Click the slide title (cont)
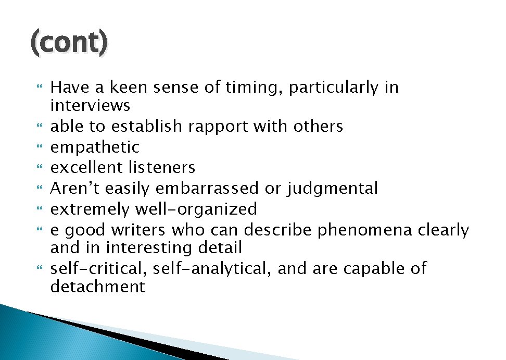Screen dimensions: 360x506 click(x=69, y=43)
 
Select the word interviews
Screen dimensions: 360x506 click(x=90, y=106)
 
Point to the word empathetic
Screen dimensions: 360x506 click(x=95, y=147)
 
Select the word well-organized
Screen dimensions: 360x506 click(x=196, y=209)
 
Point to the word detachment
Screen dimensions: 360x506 click(x=97, y=287)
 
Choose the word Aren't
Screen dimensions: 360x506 click(x=72, y=188)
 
